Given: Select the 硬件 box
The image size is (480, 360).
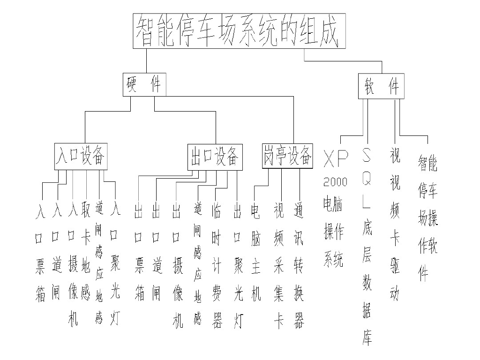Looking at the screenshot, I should (x=144, y=84).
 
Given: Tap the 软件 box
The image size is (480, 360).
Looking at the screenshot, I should (x=381, y=87).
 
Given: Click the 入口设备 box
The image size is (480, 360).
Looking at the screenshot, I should (x=81, y=156).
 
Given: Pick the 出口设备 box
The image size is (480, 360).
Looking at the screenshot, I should (x=215, y=157).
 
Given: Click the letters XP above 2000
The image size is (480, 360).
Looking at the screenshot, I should (x=336, y=160).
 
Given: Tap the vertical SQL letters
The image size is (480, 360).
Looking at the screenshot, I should (x=367, y=178).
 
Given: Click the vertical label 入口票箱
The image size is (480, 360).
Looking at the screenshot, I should (x=40, y=253).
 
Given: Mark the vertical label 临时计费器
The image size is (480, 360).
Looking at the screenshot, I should (x=217, y=265).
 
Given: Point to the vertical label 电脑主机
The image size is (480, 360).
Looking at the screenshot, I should (x=255, y=253).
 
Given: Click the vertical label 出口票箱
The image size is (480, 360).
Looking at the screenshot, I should (x=139, y=253).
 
